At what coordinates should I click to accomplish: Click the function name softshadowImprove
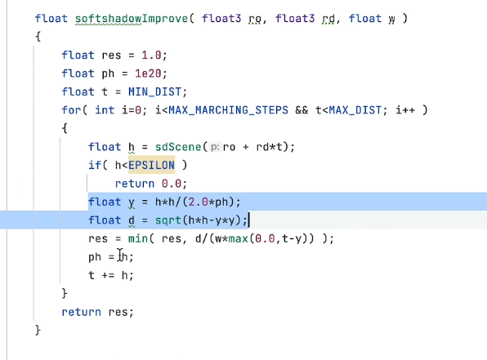[132, 19]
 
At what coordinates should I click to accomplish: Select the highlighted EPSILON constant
[151, 165]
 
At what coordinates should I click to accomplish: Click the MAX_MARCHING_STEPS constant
[228, 110]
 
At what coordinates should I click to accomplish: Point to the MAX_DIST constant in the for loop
[355, 110]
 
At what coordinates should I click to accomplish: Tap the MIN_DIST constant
[154, 92]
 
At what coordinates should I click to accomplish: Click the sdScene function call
[178, 147]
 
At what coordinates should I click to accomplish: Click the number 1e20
[148, 73]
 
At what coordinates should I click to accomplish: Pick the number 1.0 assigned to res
[151, 56]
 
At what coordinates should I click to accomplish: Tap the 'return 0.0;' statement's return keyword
[135, 184]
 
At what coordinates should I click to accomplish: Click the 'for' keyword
[71, 110]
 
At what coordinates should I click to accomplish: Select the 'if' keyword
[95, 165]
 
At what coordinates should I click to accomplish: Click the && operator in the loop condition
[302, 110]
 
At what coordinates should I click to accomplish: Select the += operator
[108, 275]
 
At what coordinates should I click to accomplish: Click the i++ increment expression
[405, 110]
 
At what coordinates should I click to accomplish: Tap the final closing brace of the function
[38, 331]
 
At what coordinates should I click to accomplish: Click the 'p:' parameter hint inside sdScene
[215, 147]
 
